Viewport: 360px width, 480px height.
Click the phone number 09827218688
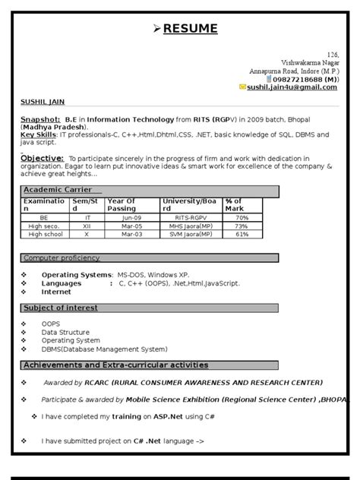(298, 79)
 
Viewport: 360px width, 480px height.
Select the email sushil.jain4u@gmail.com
(292, 87)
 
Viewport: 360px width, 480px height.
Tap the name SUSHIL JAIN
(43, 101)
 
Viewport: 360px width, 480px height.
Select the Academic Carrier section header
(58, 189)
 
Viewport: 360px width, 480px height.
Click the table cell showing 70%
(242, 217)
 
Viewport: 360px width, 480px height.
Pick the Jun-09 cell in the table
(133, 217)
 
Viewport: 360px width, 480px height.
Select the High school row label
(46, 234)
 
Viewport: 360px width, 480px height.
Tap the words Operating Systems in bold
(76, 273)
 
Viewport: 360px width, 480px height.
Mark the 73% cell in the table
(242, 226)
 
